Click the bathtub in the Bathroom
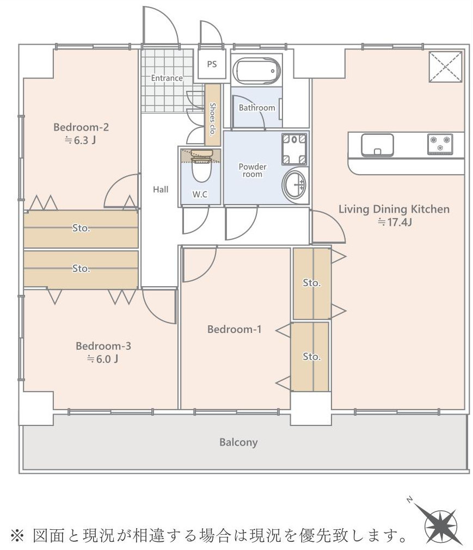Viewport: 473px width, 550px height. tap(256, 70)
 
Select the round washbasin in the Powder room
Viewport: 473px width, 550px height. tap(294, 185)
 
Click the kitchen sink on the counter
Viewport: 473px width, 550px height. tap(377, 145)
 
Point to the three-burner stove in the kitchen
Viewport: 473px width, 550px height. tap(440, 144)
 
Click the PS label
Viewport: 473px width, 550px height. tap(212, 64)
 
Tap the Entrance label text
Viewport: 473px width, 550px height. tap(167, 78)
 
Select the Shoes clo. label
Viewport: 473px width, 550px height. tap(212, 119)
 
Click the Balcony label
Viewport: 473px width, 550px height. tap(238, 442)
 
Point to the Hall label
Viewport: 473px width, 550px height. tap(161, 189)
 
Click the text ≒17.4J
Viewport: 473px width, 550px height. tap(395, 222)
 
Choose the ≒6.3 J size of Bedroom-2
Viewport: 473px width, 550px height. tap(81, 140)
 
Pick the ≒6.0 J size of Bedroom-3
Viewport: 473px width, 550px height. tap(102, 359)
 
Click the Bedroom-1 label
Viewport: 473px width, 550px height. tap(235, 329)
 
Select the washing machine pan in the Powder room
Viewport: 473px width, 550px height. tap(294, 149)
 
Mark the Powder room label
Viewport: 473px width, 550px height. tap(253, 170)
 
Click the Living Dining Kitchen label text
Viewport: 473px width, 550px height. tap(394, 209)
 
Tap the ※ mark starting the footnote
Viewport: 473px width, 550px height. tap(17, 536)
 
